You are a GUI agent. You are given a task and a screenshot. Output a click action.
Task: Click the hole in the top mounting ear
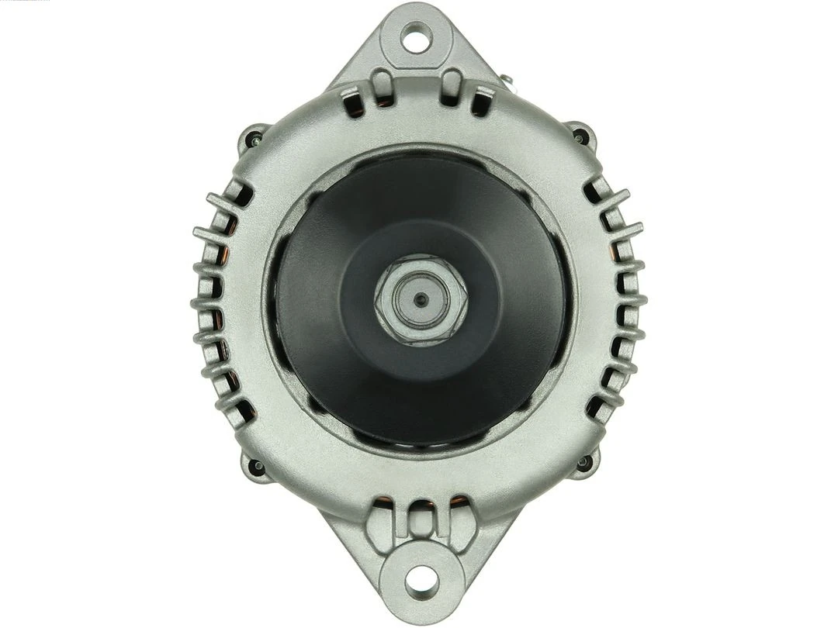416,37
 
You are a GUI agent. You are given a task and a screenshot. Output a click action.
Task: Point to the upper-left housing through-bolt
253,140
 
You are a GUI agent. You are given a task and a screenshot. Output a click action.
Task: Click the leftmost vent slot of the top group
350,100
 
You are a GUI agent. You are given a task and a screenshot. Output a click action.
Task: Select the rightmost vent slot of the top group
483,102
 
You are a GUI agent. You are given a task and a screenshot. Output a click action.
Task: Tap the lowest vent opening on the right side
595,407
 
